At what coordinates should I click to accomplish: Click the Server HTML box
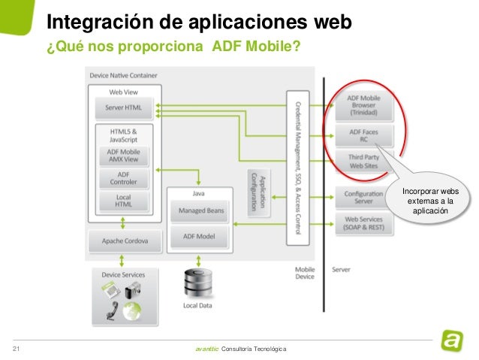tap(123, 107)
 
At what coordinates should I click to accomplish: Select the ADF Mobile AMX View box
tap(123, 156)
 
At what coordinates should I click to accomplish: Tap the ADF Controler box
tap(123, 179)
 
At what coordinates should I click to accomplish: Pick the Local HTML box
tap(123, 201)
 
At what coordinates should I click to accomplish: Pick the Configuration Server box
tap(363, 197)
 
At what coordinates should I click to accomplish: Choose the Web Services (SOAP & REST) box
tap(363, 223)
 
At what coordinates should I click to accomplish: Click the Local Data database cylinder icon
tap(197, 284)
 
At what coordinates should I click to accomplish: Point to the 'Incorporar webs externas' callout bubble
tap(431, 200)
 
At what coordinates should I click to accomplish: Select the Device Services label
tap(123, 275)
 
